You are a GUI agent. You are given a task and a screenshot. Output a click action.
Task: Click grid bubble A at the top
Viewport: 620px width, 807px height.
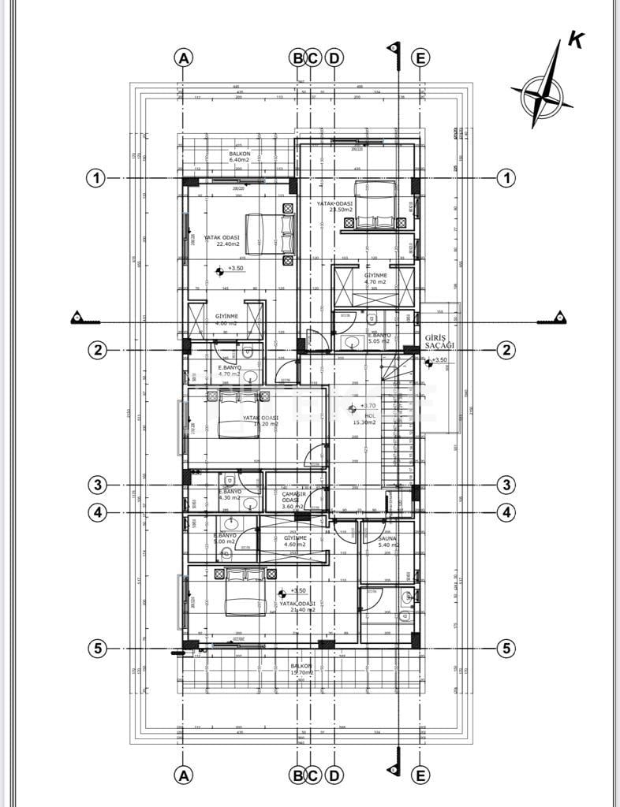pos(183,58)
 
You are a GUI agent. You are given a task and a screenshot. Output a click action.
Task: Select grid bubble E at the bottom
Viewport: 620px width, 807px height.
pos(420,775)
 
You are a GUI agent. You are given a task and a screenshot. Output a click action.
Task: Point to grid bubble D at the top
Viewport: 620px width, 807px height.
pos(334,58)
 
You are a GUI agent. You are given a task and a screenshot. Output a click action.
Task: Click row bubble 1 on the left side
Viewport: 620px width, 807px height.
pos(95,179)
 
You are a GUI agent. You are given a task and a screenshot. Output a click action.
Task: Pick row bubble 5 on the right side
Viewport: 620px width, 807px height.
pos(506,649)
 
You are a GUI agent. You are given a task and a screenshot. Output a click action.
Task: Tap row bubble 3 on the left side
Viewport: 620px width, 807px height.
pos(95,485)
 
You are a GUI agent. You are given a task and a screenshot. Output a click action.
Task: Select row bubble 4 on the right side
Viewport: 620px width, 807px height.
pos(506,512)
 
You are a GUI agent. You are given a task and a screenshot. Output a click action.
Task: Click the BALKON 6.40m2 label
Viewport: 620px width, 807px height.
pos(240,157)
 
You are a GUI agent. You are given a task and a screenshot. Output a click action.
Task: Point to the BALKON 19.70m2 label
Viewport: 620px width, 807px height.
pos(301,669)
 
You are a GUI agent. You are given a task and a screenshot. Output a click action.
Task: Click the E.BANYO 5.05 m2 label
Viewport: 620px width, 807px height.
pos(381,339)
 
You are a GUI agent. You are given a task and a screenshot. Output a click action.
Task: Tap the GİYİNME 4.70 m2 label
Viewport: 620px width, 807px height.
pos(374,278)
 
